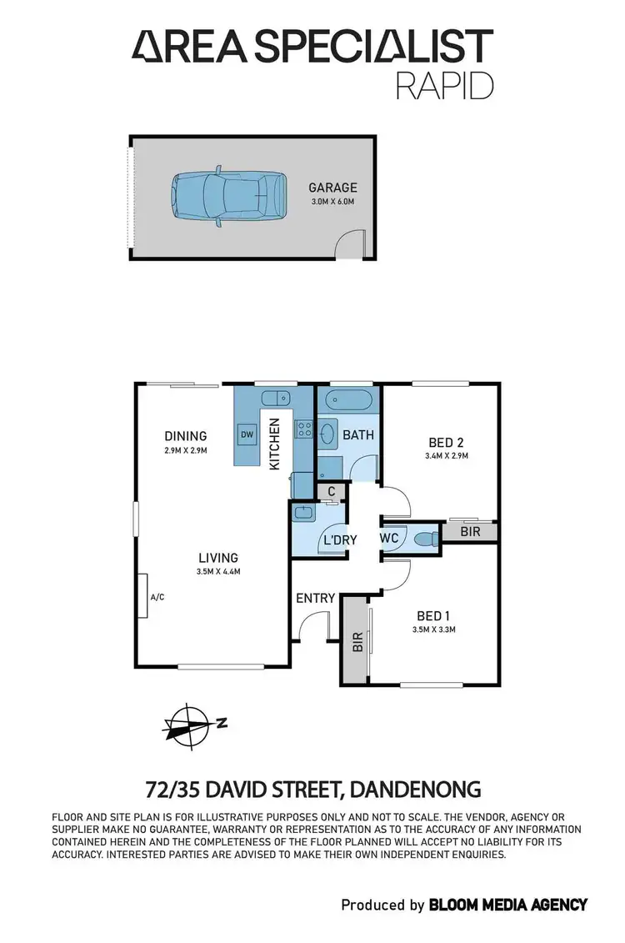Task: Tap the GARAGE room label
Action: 333,188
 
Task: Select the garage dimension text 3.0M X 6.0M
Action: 333,203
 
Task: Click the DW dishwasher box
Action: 247,434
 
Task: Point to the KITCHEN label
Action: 274,443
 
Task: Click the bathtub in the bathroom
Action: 348,399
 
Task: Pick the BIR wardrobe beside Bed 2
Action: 470,531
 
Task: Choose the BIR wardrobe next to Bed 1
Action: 357,640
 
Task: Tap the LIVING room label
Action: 218,558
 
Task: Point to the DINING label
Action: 185,436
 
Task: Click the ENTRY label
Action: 316,598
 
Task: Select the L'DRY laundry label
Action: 339,540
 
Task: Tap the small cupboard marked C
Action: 332,492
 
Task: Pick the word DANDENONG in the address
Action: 417,789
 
